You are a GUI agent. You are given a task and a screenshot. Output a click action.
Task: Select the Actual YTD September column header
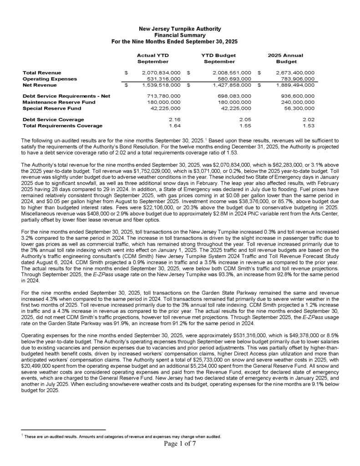(153, 58)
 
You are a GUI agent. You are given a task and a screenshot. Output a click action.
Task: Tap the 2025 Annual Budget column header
(286, 58)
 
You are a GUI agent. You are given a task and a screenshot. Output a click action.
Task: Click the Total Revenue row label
(42, 72)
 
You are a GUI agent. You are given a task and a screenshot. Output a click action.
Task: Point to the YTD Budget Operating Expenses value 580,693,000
(232, 78)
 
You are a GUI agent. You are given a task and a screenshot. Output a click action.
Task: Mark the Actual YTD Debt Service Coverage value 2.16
(175, 119)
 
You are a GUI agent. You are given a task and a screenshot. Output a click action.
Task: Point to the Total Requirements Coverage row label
(63, 125)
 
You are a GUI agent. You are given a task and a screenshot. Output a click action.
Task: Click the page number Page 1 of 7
(180, 445)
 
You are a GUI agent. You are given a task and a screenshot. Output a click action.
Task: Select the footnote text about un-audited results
(123, 436)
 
